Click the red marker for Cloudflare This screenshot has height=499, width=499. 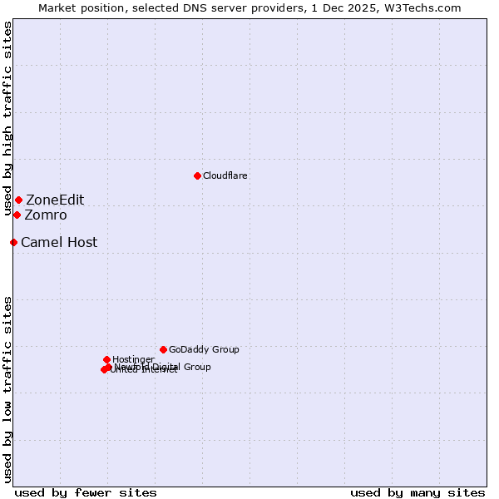(197, 175)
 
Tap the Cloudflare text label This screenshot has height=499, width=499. (225, 176)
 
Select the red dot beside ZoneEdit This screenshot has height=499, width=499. (18, 200)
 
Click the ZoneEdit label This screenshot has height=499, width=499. (55, 200)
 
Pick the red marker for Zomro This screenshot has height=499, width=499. (17, 215)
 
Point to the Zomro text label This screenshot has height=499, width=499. (46, 215)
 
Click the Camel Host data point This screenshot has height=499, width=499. (13, 242)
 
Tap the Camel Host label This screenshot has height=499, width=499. (59, 243)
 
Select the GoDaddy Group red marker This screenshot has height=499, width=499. (163, 349)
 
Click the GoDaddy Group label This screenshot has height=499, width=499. (204, 350)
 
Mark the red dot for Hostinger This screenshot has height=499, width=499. (106, 359)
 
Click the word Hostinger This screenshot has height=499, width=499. (133, 360)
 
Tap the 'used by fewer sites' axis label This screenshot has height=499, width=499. (86, 492)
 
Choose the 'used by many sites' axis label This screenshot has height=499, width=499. (417, 492)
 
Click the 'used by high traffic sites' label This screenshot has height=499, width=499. (7, 119)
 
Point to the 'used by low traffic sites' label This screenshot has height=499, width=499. (7, 388)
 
